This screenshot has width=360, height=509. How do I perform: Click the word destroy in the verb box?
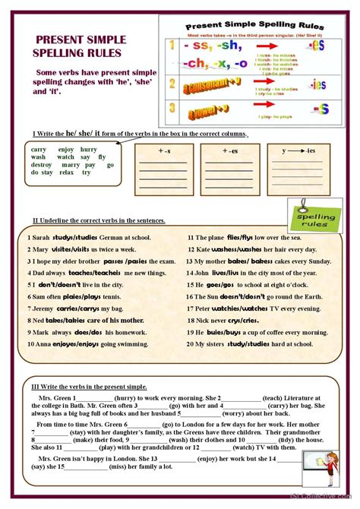pos(42,165)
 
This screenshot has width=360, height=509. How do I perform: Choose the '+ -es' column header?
pos(229,150)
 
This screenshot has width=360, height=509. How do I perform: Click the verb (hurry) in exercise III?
pos(126,398)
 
